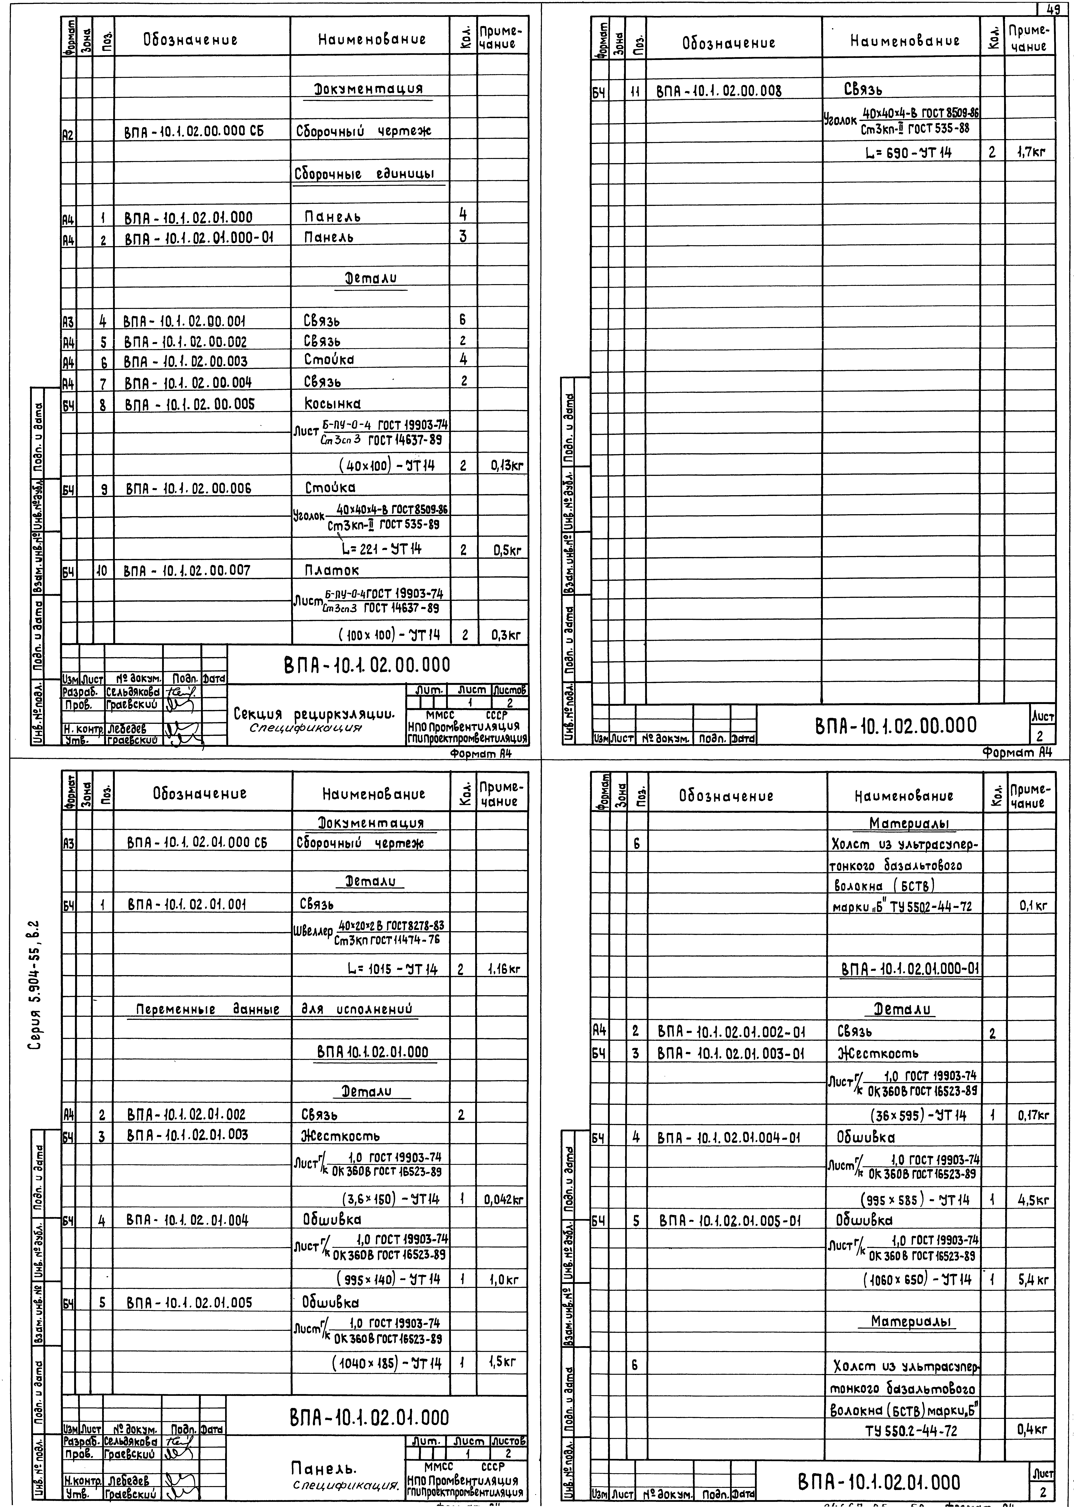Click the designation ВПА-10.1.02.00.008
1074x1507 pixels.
(719, 91)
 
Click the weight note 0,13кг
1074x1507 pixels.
(507, 466)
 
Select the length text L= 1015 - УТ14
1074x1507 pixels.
(392, 970)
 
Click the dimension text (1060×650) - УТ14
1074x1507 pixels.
(917, 1280)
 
